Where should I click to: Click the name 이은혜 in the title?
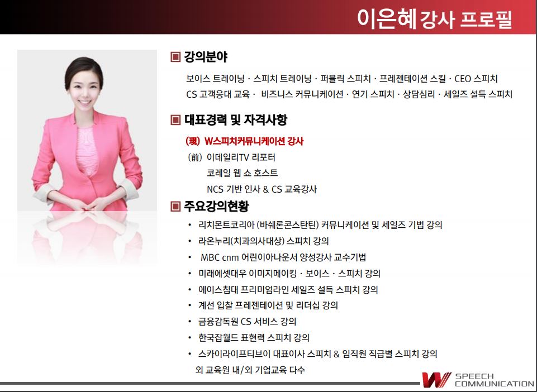[x=387, y=18]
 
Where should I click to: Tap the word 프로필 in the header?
[x=486, y=20]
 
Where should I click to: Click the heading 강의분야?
[x=206, y=57]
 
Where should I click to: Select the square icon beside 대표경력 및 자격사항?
[x=175, y=120]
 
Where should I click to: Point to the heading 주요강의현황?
[x=216, y=206]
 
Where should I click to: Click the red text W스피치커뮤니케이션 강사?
[x=254, y=141]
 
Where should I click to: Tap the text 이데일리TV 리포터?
[x=241, y=157]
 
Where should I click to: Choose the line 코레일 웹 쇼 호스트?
[x=242, y=173]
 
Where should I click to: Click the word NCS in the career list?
[x=215, y=189]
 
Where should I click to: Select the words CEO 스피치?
[x=476, y=79]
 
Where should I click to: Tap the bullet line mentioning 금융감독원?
[x=248, y=322]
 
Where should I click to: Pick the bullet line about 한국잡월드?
[x=254, y=338]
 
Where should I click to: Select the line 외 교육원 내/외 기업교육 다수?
[x=250, y=370]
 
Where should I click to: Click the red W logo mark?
[x=436, y=380]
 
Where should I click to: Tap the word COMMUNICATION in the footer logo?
[x=494, y=384]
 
